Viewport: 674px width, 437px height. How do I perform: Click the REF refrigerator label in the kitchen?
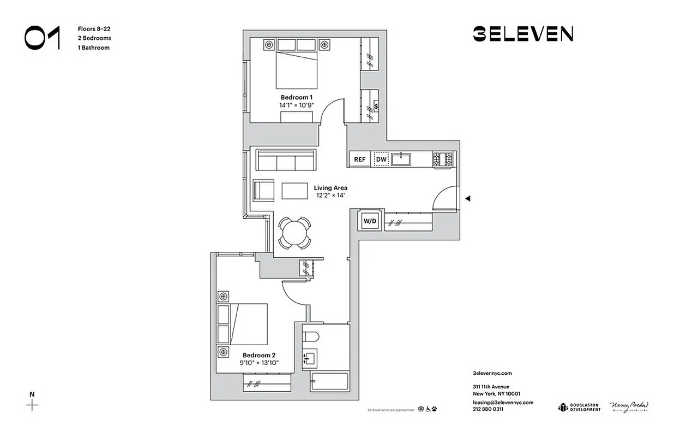click(359, 160)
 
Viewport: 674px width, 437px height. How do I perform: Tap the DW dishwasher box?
click(381, 160)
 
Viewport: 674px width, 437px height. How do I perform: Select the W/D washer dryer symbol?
click(370, 221)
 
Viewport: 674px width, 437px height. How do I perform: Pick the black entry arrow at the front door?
click(467, 199)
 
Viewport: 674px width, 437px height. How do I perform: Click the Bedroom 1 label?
click(297, 97)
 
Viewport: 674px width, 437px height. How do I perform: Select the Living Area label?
click(330, 188)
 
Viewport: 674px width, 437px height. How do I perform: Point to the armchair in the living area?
click(263, 191)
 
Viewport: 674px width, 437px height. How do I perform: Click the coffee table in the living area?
click(294, 191)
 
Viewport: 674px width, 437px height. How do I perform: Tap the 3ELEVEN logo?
click(522, 34)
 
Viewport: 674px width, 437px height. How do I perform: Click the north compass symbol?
click(33, 404)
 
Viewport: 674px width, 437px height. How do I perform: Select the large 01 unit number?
click(42, 38)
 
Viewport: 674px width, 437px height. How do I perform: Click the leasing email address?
click(503, 402)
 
